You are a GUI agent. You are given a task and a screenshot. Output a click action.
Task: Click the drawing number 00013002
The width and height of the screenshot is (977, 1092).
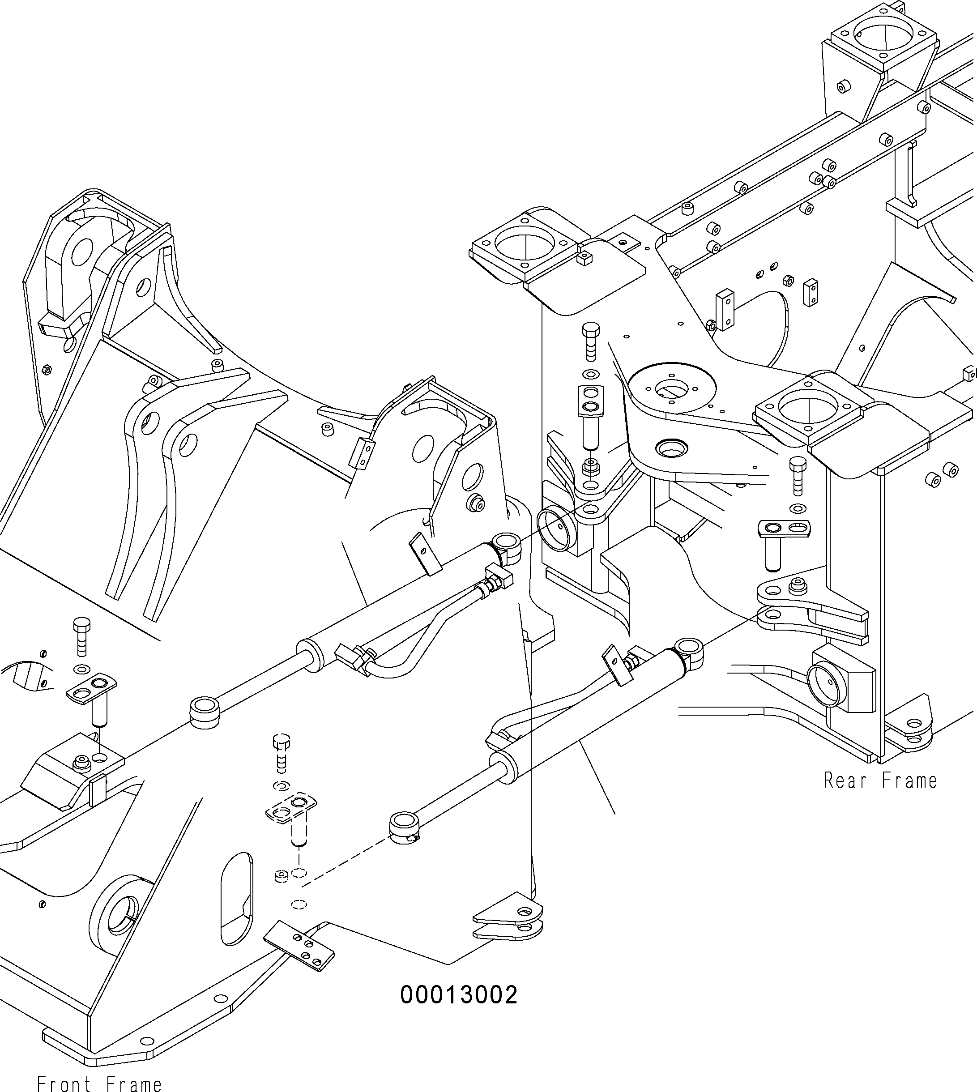tap(459, 995)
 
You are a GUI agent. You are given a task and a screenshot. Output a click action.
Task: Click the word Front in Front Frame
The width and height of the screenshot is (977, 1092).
tap(64, 1083)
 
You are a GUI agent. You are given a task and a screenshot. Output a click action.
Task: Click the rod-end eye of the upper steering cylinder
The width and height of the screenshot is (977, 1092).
tap(205, 712)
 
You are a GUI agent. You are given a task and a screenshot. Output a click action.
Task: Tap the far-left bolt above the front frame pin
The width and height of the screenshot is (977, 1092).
tap(81, 635)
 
